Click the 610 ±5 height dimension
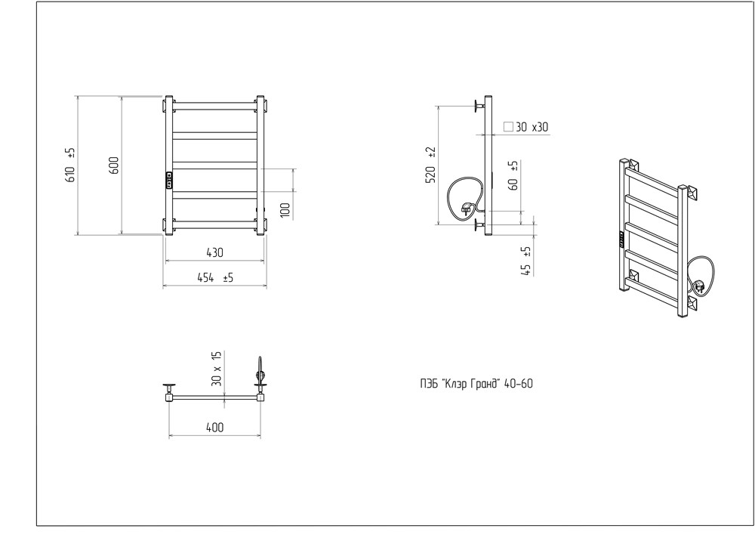click(x=70, y=165)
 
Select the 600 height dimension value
click(x=114, y=165)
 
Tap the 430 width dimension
click(x=214, y=252)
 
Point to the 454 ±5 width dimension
click(x=215, y=277)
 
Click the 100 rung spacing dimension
click(x=285, y=210)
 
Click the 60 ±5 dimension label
click(x=513, y=175)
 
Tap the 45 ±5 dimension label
click(x=526, y=261)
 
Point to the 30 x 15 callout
click(x=217, y=369)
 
